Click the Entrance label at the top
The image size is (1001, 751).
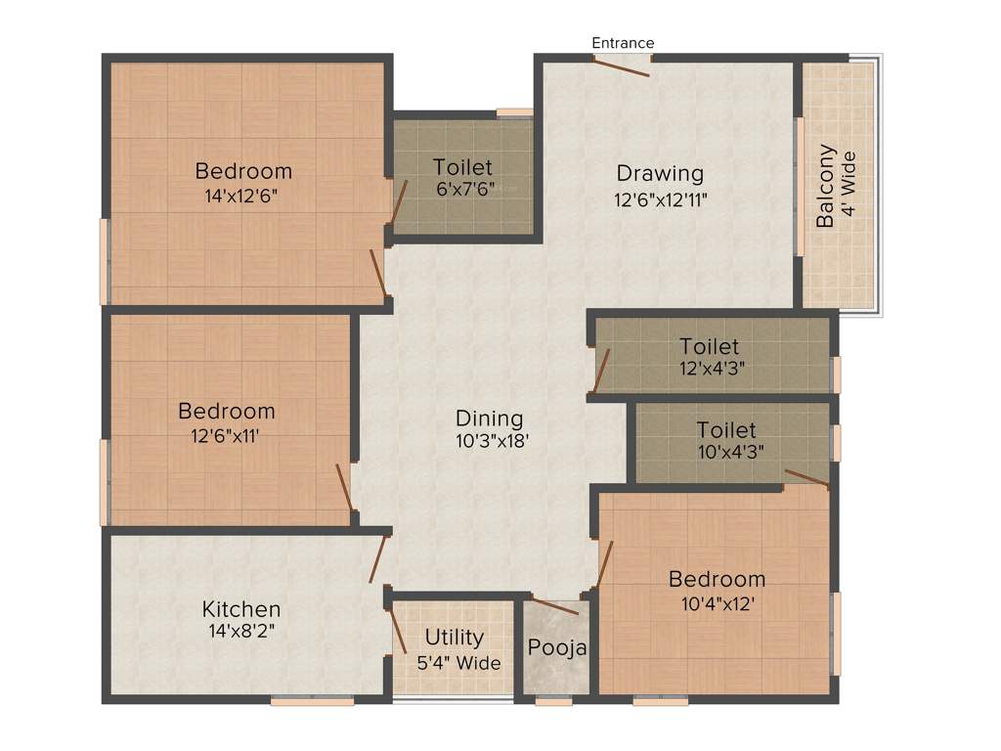[x=623, y=43]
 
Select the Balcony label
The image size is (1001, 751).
[x=827, y=186]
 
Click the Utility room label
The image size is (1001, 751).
[x=454, y=638]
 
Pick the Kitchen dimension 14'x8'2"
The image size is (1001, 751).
[x=241, y=632]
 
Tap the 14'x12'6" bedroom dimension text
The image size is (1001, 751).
[x=243, y=196]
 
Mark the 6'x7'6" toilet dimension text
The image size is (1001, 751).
[x=463, y=190]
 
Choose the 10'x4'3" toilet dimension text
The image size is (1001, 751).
[x=725, y=452]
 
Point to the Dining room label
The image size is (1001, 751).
[x=490, y=419]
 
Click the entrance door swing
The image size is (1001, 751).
[x=620, y=66]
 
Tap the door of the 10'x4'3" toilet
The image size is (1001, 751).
[x=807, y=477]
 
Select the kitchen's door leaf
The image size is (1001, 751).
[x=378, y=559]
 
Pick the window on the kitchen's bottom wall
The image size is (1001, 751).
[x=312, y=700]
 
